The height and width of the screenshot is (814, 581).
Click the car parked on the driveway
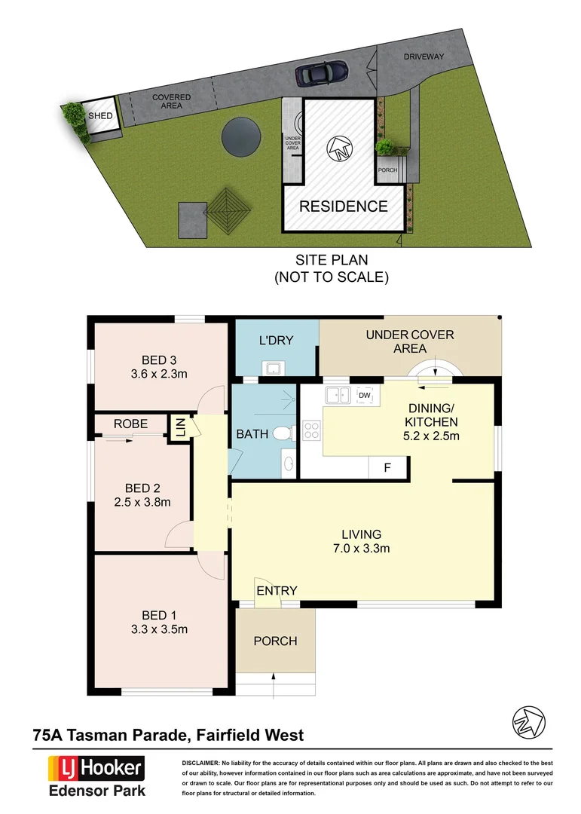322,73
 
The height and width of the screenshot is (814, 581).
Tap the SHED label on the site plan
99,116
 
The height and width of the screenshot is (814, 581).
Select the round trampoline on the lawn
240,137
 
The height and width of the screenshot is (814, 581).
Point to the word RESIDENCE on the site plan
343,207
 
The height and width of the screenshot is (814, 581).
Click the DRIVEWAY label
424,57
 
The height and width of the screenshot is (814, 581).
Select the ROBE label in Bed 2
130,424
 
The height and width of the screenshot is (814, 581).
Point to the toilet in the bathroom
283,434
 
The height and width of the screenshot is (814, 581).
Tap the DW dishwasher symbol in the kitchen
365,396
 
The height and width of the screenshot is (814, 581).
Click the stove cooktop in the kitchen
311,431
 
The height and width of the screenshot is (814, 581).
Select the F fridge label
387,468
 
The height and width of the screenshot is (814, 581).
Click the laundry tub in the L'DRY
272,368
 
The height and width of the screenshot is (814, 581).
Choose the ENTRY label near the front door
277,590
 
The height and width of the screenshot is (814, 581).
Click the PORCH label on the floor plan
274,641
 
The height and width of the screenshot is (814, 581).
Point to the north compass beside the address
526,722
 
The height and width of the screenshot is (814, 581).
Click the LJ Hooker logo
96,769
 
